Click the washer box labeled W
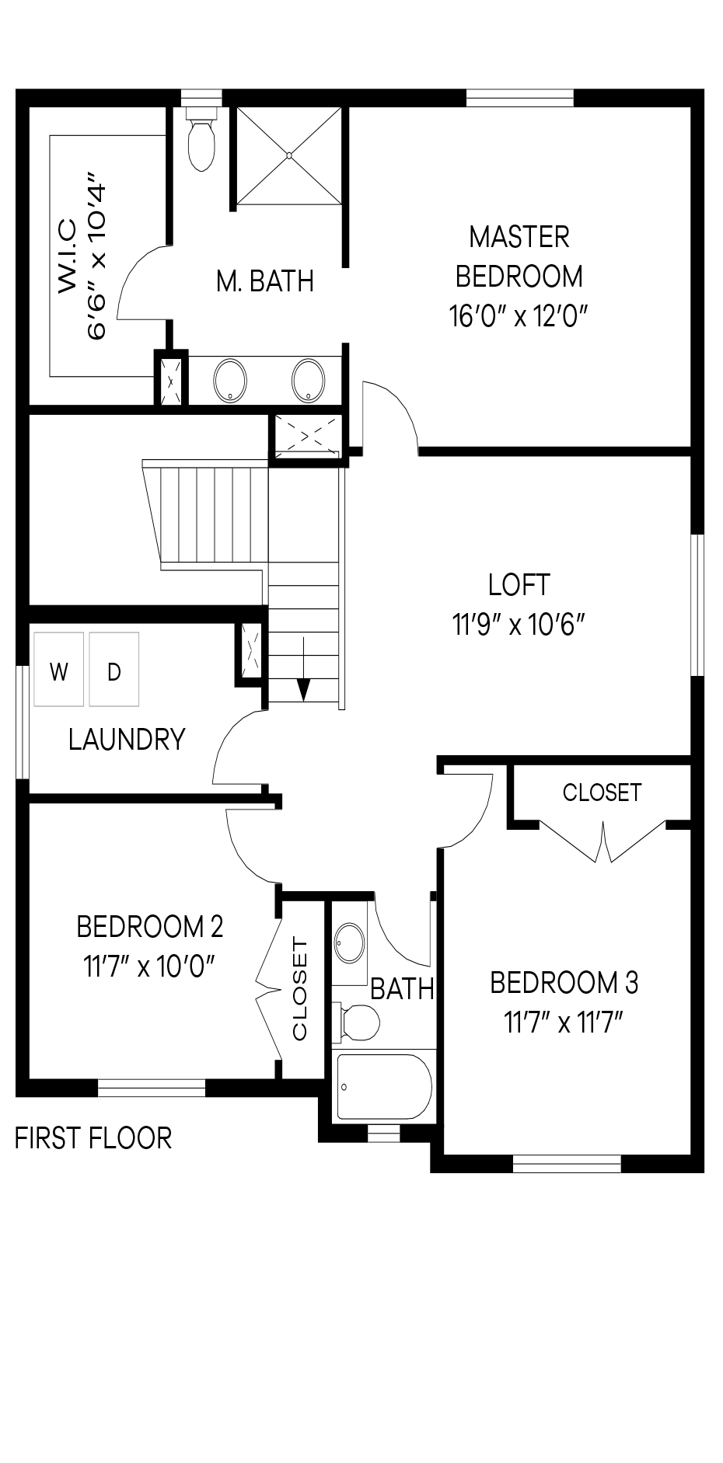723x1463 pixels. pyautogui.click(x=58, y=669)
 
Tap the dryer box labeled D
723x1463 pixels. pyautogui.click(x=114, y=669)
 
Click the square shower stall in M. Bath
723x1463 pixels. pyautogui.click(x=288, y=156)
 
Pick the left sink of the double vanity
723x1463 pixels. pyautogui.click(x=230, y=380)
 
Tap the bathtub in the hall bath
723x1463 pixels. pyautogui.click(x=383, y=1086)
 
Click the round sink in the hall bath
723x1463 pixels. pyautogui.click(x=349, y=944)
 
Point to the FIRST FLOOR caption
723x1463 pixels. pyautogui.click(x=93, y=1138)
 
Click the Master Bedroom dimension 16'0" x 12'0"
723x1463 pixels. pyautogui.click(x=518, y=317)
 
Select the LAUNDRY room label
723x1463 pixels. pyautogui.click(x=127, y=740)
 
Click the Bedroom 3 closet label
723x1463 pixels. pyautogui.click(x=602, y=792)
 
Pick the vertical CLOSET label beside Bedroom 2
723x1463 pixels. pyautogui.click(x=301, y=989)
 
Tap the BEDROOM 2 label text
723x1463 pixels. pyautogui.click(x=150, y=926)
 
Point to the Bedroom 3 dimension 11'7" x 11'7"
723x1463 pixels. pyautogui.click(x=564, y=1022)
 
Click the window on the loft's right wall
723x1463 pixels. pyautogui.click(x=698, y=604)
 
